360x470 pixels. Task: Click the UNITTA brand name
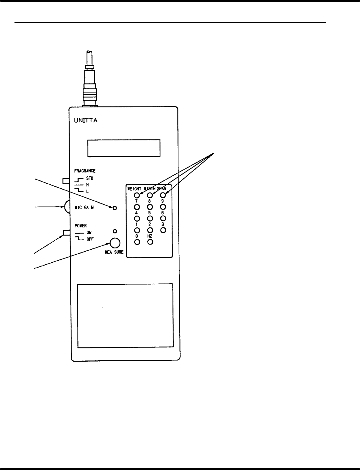pos(84,121)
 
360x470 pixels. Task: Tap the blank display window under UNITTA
pos(124,148)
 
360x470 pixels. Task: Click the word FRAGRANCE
pos(85,171)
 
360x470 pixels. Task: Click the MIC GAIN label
pos(84,207)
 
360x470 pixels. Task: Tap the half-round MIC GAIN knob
pos(67,207)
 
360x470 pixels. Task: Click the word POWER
pos(81,225)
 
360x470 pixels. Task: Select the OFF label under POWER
pos(90,239)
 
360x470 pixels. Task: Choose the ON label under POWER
pos(89,232)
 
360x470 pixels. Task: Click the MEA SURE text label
pos(114,252)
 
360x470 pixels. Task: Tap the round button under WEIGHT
pos(137,195)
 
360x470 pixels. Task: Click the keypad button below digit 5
pos(150,218)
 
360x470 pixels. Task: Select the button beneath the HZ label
pos(150,242)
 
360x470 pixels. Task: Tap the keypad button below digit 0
pos(137,242)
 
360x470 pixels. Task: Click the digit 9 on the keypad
pos(163,201)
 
